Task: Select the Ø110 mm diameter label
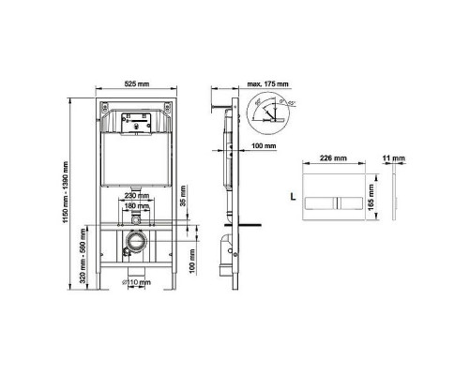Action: pos(139,281)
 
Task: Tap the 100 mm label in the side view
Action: pos(265,146)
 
